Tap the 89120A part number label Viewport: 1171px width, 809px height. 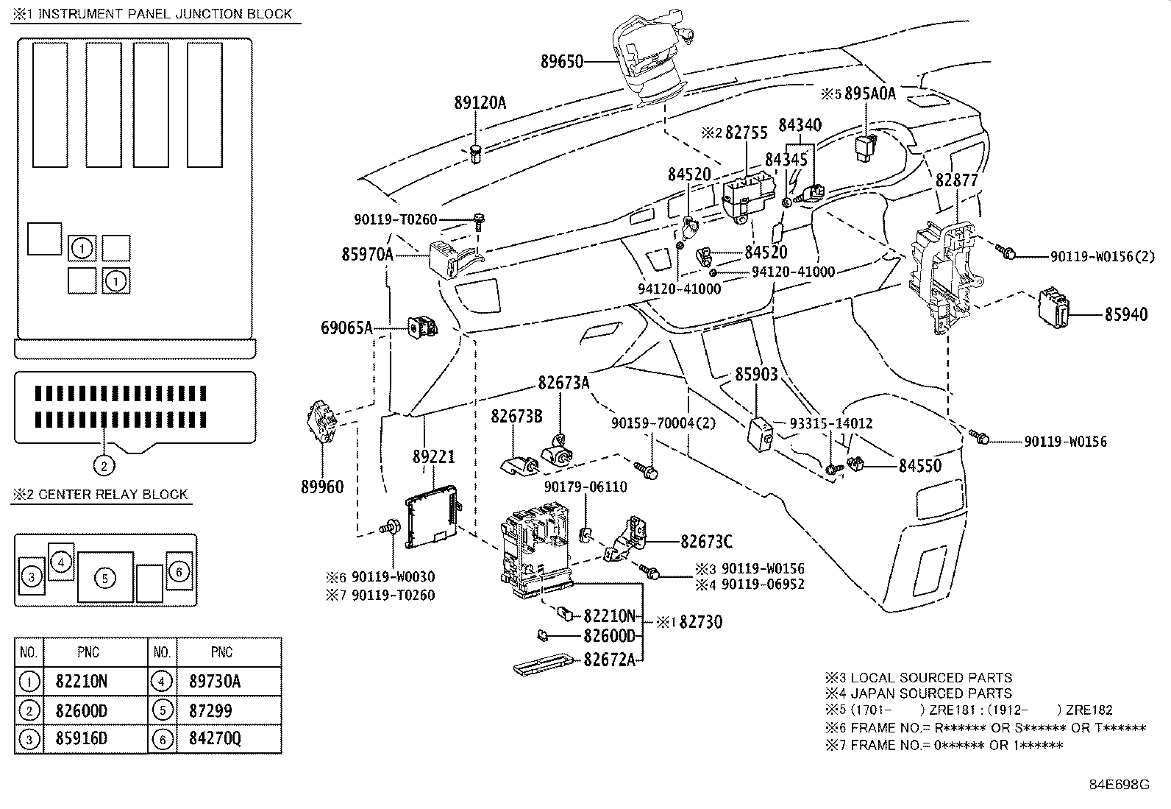480,103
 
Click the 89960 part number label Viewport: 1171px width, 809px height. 322,487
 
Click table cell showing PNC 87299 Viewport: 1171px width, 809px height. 210,710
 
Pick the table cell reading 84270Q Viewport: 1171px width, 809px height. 210,738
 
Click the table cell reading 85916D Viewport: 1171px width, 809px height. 81,738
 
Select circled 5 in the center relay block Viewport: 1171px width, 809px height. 105,579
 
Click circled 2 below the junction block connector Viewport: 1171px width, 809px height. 104,465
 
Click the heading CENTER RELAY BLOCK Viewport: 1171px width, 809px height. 113,495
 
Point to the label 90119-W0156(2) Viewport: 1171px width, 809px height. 1102,256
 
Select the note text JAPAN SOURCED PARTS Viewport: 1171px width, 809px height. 931,693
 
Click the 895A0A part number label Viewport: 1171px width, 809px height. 869,93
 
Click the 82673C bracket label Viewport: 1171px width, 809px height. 706,542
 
